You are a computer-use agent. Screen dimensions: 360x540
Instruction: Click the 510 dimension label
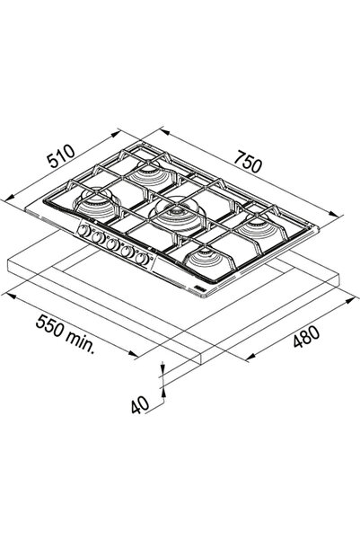coord(61,156)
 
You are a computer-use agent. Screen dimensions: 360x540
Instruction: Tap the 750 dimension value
coord(248,162)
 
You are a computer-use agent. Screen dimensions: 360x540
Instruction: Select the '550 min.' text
coord(65,334)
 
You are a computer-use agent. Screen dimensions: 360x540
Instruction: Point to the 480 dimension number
coord(306,336)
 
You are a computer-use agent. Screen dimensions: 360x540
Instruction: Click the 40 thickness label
coord(140,405)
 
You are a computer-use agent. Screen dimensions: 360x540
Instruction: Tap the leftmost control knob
coord(84,231)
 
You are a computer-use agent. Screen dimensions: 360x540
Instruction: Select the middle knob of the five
coord(112,244)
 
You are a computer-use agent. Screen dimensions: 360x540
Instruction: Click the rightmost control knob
coord(142,259)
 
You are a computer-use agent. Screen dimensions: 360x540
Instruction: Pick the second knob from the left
coord(98,237)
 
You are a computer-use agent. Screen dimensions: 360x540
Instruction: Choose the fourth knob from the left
coord(127,252)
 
